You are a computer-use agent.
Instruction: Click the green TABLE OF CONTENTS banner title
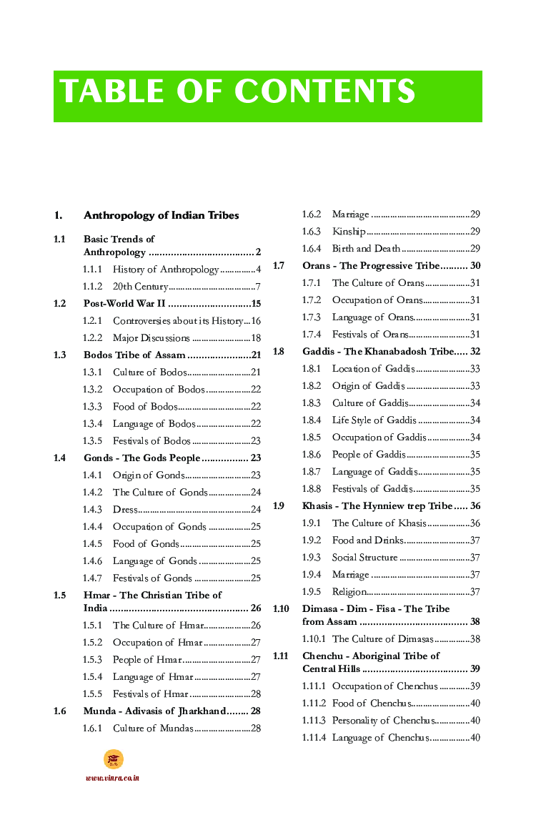(238, 92)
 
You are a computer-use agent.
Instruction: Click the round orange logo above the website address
(113, 759)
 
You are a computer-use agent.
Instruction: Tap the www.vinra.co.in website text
(112, 778)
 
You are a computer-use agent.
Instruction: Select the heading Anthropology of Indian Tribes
(161, 215)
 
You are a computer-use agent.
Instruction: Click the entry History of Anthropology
(166, 270)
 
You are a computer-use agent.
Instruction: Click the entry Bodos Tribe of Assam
(134, 355)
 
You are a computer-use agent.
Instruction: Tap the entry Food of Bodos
(145, 407)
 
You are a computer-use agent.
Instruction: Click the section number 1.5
(59, 595)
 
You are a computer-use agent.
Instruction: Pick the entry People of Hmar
(147, 660)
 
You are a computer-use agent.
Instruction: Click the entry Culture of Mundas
(153, 728)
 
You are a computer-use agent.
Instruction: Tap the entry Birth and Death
(366, 249)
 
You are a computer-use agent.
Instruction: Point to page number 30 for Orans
(475, 266)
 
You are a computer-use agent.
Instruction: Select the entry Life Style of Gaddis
(374, 420)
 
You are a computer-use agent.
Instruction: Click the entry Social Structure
(364, 558)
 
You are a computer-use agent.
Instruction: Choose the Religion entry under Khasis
(349, 592)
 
